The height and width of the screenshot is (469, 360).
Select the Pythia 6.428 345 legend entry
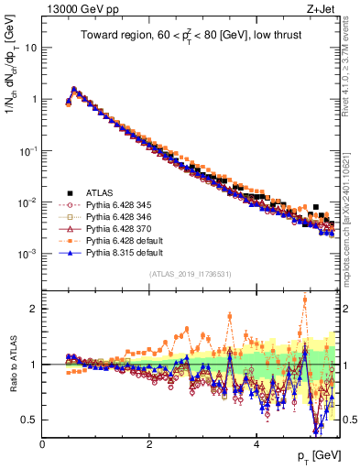click(x=118, y=205)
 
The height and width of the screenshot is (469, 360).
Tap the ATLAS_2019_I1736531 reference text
click(x=190, y=275)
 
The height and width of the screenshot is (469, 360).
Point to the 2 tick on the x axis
click(x=149, y=443)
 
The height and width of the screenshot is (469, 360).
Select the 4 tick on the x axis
click(x=256, y=443)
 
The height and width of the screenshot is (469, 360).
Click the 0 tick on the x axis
click(x=42, y=443)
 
